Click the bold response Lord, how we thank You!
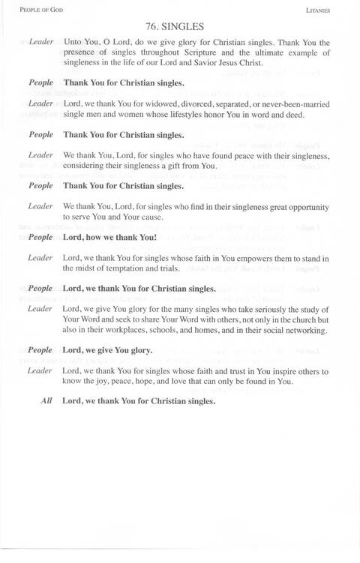(x=110, y=237)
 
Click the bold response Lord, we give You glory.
(x=108, y=350)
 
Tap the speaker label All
(x=46, y=400)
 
